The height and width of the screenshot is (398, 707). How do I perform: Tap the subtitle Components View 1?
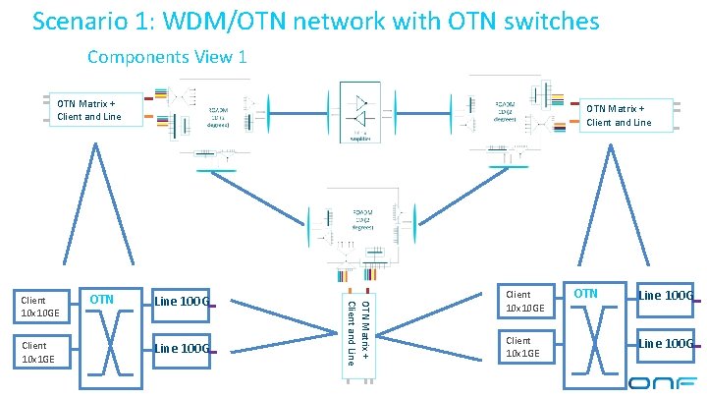pyautogui.click(x=166, y=57)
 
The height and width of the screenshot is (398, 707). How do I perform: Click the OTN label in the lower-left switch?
pyautogui.click(x=102, y=299)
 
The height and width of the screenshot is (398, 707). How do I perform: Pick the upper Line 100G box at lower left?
pyautogui.click(x=181, y=301)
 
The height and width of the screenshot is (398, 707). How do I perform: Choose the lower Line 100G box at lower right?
pyautogui.click(x=665, y=343)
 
